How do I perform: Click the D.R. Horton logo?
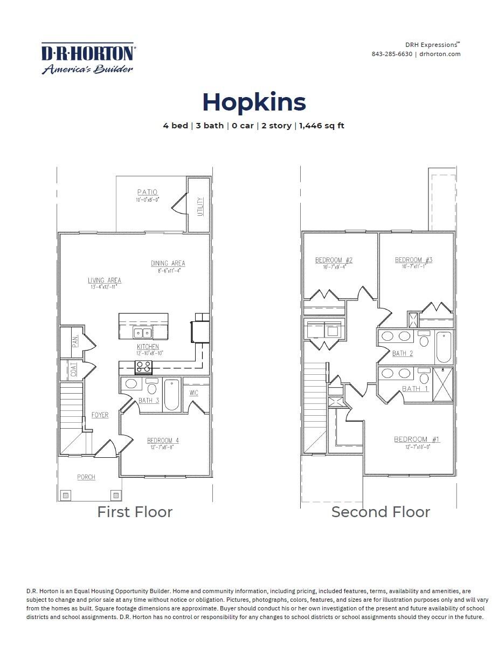tap(88, 58)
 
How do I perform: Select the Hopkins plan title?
tap(254, 102)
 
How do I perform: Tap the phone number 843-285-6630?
tap(391, 54)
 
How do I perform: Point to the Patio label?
tap(147, 193)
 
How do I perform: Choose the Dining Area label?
tap(168, 263)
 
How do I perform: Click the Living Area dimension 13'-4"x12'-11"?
tap(104, 287)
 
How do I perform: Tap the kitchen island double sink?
tap(143, 333)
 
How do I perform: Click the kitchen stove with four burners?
tap(143, 367)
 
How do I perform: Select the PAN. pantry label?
tap(76, 341)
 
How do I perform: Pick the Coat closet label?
tap(73, 370)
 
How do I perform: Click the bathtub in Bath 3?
tap(171, 395)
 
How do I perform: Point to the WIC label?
tap(194, 393)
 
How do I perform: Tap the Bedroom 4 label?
tap(163, 441)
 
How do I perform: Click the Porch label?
tap(86, 477)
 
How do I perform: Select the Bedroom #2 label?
tap(334, 260)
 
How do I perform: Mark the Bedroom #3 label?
tap(413, 259)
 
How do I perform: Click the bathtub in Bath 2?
tap(444, 347)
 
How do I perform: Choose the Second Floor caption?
tap(381, 512)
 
